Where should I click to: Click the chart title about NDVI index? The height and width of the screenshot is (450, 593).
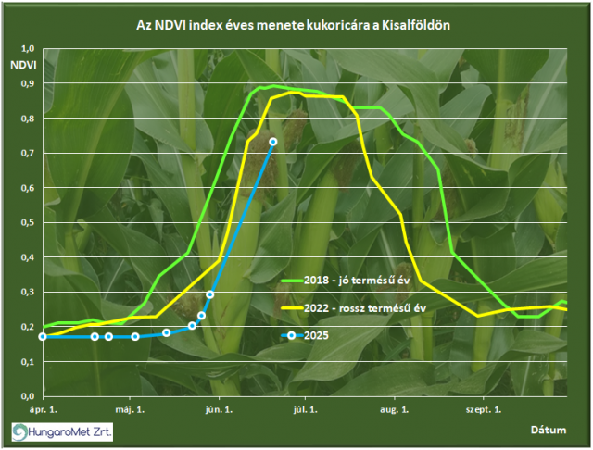pos(293,25)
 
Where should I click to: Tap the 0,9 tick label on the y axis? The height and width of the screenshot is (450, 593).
pos(28,83)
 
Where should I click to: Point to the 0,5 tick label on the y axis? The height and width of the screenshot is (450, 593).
pos(28,222)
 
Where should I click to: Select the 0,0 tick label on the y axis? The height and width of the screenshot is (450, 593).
pos(28,396)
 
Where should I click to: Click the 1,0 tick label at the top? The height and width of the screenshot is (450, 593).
pos(28,49)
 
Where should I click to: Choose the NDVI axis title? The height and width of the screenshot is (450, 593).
pos(23,65)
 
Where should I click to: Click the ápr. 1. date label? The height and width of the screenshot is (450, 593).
pos(44,409)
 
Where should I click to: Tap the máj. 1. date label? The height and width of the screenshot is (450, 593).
pos(130,409)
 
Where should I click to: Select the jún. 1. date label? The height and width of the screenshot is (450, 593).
pos(219,409)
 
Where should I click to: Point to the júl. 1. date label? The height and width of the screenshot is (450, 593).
pos(305,409)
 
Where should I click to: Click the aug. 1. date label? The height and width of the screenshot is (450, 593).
pos(395,409)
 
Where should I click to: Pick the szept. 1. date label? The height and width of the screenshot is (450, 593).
pos(484,409)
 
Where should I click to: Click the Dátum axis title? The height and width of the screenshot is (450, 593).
pos(549,430)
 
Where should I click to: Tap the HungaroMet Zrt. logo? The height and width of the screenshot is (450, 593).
pos(62,431)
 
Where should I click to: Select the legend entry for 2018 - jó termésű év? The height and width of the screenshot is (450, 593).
pos(346,281)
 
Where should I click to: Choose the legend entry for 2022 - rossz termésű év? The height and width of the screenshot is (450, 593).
pos(354,308)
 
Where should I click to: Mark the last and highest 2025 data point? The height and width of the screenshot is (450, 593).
pos(273,142)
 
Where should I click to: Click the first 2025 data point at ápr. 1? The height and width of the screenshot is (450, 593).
pos(43,337)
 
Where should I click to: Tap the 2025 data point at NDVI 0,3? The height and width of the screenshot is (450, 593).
pos(210,294)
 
